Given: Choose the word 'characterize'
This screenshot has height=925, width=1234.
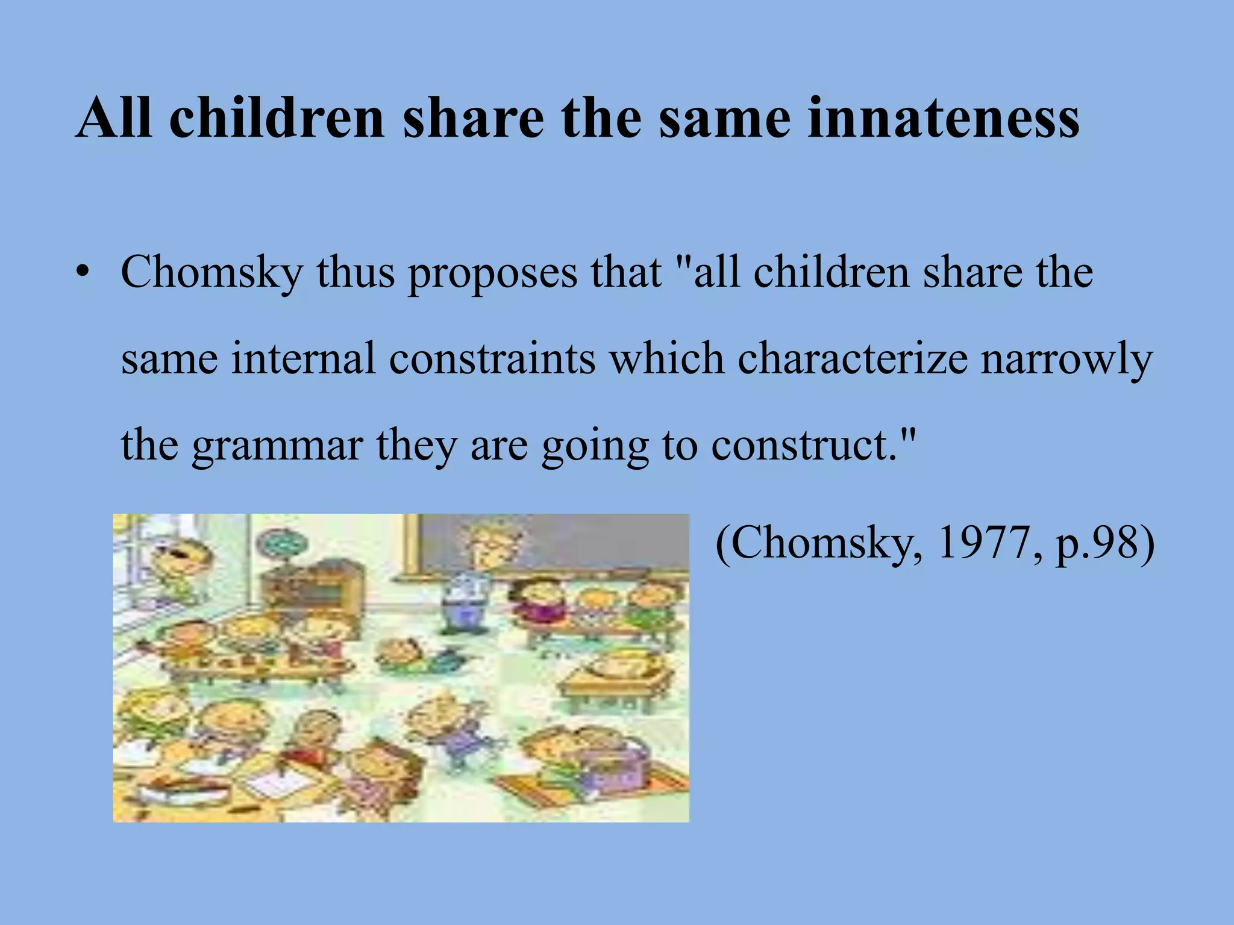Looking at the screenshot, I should pos(852,359).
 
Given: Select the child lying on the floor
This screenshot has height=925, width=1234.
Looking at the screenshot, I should pos(416,656).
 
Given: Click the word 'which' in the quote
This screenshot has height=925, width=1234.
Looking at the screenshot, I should pos(666,359).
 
